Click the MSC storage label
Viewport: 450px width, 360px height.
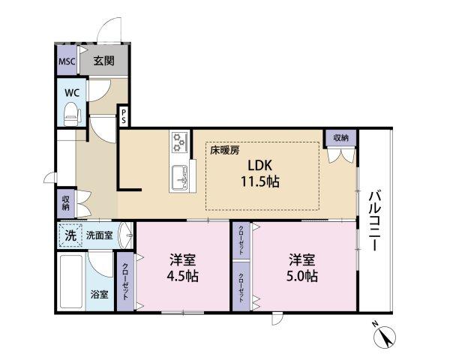click(x=67, y=61)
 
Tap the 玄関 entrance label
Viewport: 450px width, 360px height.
click(x=104, y=61)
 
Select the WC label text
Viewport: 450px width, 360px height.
click(x=72, y=93)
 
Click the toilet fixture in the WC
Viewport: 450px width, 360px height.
click(x=72, y=115)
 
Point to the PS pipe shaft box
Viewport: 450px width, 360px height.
click(x=124, y=115)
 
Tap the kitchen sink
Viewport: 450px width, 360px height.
click(x=180, y=178)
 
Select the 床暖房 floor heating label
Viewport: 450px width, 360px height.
click(x=225, y=151)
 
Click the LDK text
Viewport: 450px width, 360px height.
click(x=259, y=166)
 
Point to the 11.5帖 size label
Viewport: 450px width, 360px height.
click(x=259, y=181)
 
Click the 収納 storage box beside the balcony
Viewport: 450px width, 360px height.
click(x=340, y=138)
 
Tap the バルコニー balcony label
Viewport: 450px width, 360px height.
click(x=374, y=220)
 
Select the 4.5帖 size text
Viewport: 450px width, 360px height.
click(x=183, y=277)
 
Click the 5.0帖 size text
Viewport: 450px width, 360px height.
click(x=302, y=277)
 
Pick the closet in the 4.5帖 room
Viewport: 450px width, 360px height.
click(x=125, y=281)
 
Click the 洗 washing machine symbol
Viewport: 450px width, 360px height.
click(x=70, y=235)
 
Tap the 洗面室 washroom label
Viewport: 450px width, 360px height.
click(x=99, y=235)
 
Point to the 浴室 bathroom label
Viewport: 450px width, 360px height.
click(x=99, y=295)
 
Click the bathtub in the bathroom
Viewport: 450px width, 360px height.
click(x=71, y=282)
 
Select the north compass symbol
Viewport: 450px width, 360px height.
click(x=385, y=334)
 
